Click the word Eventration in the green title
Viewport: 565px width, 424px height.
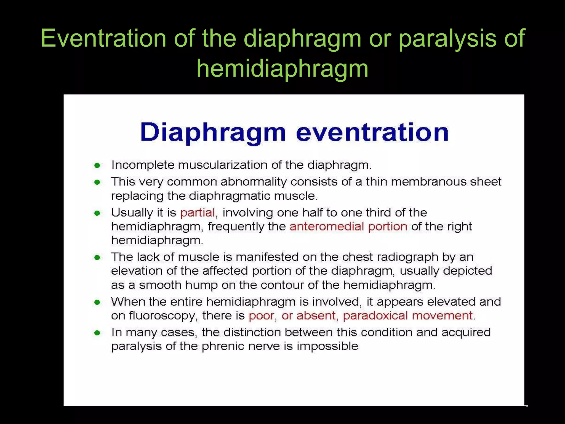[103, 38]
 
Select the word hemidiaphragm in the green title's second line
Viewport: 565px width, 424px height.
[282, 69]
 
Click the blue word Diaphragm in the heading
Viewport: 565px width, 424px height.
[213, 133]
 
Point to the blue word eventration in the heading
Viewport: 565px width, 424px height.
[372, 133]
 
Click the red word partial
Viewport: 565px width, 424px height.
[198, 213]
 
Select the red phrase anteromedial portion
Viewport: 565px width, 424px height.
[348, 227]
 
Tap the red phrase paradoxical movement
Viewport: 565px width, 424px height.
[408, 316]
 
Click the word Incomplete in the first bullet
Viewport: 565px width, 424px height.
[143, 165]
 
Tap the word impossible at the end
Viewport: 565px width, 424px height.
[327, 346]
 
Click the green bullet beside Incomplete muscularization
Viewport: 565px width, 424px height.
[97, 166]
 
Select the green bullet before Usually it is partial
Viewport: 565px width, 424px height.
[97, 213]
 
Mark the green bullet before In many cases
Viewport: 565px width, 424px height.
[97, 333]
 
